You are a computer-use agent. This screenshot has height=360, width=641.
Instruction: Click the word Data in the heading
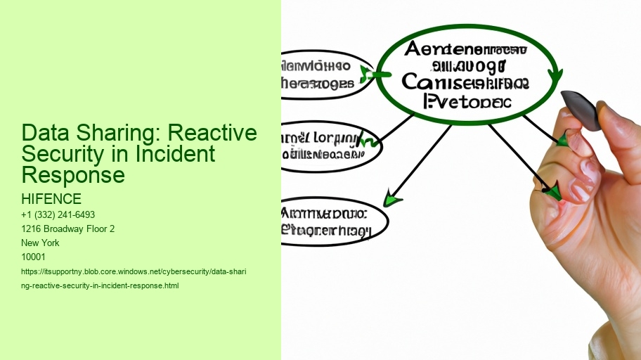click(44, 134)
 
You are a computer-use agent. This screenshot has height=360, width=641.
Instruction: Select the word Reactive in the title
click(217, 134)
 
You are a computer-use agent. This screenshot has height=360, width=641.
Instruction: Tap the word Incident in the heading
click(179, 154)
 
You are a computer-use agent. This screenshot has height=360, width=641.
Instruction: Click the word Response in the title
click(73, 174)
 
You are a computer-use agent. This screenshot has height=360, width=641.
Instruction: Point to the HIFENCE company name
click(52, 199)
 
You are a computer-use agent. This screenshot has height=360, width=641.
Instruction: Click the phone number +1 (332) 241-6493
click(59, 214)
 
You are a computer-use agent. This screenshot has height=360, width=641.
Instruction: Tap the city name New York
click(41, 243)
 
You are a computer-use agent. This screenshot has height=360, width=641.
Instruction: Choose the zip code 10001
click(34, 257)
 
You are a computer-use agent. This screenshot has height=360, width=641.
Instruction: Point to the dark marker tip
click(581, 110)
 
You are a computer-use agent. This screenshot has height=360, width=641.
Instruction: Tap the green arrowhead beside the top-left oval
click(367, 73)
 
